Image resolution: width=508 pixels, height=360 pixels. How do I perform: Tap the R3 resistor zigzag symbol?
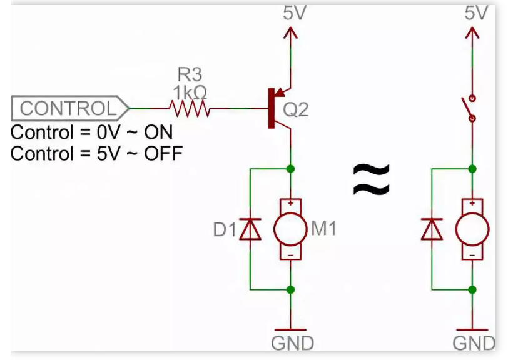coord(190,110)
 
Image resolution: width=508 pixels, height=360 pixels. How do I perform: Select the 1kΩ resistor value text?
coord(190,92)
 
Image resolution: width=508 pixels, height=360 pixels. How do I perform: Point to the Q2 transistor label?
coord(295,110)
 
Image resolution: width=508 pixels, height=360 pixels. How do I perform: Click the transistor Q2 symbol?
coord(276,109)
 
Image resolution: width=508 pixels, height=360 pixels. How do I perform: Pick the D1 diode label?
coord(225,230)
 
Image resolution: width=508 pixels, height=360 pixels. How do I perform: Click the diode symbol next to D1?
coord(250,229)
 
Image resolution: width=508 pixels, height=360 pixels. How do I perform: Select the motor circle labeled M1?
coord(290,229)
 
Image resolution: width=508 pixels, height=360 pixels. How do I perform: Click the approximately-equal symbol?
coord(372,179)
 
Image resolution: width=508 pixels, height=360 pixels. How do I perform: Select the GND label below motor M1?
coord(292,342)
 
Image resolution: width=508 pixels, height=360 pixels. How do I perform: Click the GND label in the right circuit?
coord(474,342)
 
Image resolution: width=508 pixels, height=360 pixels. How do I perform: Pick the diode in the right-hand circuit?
coord(432,229)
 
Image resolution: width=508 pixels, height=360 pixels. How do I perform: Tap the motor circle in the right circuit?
coord(472,229)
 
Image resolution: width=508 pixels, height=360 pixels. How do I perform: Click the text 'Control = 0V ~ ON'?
coord(92,132)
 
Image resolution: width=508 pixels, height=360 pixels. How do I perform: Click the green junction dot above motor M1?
coord(290,169)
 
